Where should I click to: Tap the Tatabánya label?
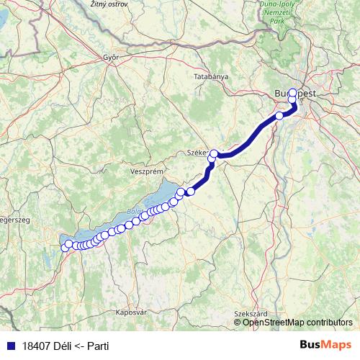[x=211, y=76]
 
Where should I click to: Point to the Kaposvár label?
[x=131, y=312]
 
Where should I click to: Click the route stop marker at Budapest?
[x=292, y=93]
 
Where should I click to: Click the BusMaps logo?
[x=327, y=346]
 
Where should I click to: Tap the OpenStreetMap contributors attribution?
[x=297, y=323]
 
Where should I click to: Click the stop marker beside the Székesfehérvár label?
[x=214, y=153]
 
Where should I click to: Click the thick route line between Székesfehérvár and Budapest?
[x=248, y=137]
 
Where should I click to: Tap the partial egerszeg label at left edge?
[x=14, y=220]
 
